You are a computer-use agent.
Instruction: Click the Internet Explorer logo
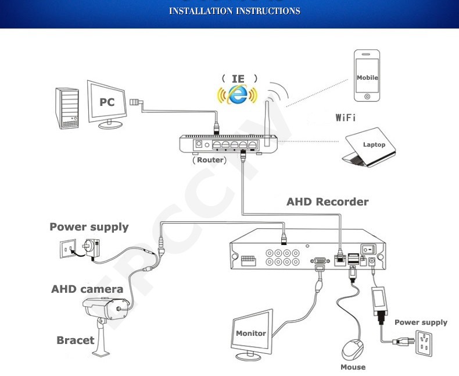pyautogui.click(x=237, y=94)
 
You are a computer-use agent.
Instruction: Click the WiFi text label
pyautogui.click(x=346, y=118)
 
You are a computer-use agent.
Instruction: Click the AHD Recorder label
pyautogui.click(x=327, y=202)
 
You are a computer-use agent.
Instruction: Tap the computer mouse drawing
pyautogui.click(x=352, y=349)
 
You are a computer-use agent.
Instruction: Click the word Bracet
pyautogui.click(x=75, y=340)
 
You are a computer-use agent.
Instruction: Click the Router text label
pyautogui.click(x=209, y=160)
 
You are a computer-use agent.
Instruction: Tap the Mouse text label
pyautogui.click(x=353, y=367)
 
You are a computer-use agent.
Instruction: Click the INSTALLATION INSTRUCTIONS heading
pyautogui.click(x=235, y=11)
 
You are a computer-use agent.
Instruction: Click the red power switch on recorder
pyautogui.click(x=367, y=249)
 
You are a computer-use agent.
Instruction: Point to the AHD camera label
pyautogui.click(x=87, y=289)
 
